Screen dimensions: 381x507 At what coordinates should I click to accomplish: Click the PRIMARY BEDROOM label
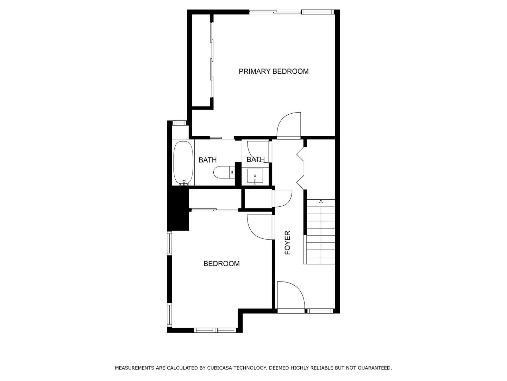274,71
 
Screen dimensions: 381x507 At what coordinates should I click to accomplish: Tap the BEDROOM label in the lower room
221,264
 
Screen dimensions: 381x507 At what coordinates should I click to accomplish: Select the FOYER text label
288,243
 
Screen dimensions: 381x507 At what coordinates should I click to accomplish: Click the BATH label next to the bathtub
207,160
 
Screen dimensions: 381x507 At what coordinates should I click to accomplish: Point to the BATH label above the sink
255,159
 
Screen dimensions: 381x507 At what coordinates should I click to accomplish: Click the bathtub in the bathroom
183,163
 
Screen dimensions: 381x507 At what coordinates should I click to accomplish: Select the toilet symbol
223,172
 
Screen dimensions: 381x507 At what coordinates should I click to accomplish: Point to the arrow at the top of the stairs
321,201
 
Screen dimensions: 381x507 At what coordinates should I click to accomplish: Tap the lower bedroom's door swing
260,227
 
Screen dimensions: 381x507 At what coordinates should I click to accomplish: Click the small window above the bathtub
180,123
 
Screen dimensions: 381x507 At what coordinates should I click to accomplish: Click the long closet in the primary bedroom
201,60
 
